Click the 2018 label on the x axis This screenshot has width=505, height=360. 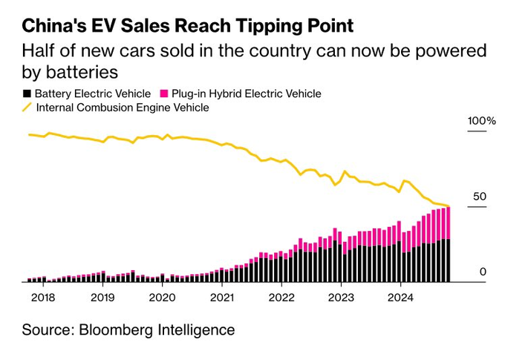[x=43, y=297]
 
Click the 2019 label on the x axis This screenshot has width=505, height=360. [x=102, y=297]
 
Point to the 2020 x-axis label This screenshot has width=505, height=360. [x=162, y=297]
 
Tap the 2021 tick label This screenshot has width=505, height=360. [x=222, y=297]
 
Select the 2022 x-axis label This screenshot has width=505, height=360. [x=281, y=297]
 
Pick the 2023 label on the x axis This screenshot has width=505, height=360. [x=341, y=297]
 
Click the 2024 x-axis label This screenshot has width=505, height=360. [x=400, y=297]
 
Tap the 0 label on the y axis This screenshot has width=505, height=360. [x=482, y=272]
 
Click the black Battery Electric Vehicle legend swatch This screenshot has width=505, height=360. [x=27, y=94]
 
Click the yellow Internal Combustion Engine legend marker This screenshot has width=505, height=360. [x=27, y=108]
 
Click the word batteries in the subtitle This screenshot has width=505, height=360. [x=83, y=73]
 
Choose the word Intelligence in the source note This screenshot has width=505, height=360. [x=198, y=330]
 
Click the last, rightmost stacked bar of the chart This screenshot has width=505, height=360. [x=449, y=245]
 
